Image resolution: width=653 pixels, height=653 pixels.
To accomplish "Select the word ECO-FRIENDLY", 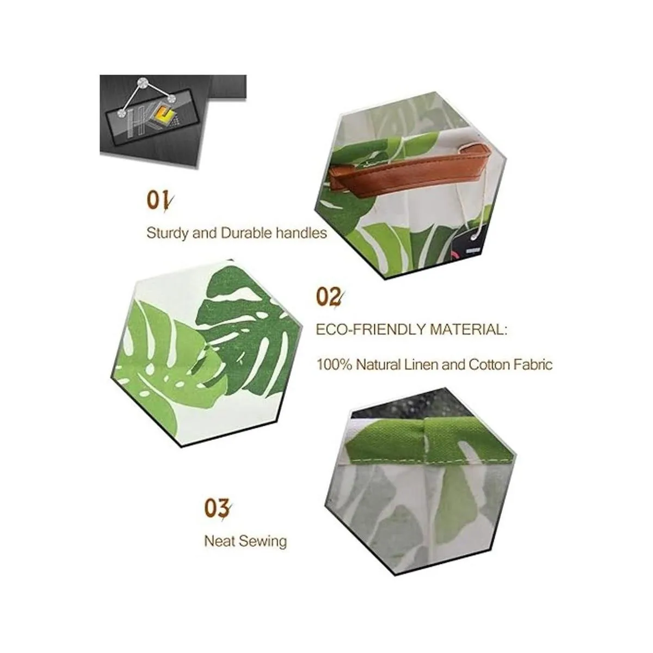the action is click(x=371, y=329).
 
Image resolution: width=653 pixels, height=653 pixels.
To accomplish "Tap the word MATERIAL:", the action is click(x=469, y=329).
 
